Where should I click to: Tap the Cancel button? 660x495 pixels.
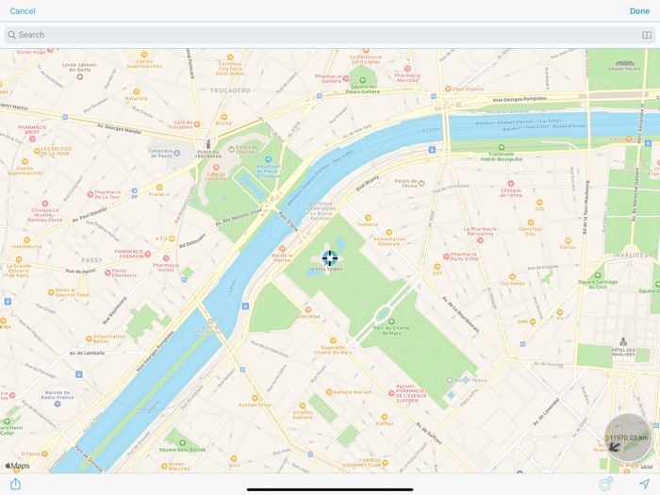[23, 11]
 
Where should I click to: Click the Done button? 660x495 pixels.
[639, 11]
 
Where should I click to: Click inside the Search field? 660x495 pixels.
[283, 35]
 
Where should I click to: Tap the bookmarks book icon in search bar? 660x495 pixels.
[647, 35]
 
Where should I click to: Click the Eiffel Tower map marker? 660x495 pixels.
[329, 257]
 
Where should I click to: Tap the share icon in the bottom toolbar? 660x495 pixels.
[15, 484]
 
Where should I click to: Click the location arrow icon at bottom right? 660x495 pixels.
[645, 484]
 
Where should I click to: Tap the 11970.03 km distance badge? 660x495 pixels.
[627, 437]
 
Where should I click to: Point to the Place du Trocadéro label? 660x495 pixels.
[208, 153]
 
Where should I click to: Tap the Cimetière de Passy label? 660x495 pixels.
[160, 153]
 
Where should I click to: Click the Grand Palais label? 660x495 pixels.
[624, 68]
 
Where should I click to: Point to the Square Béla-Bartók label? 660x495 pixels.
[183, 450]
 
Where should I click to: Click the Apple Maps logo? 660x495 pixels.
[18, 465]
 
